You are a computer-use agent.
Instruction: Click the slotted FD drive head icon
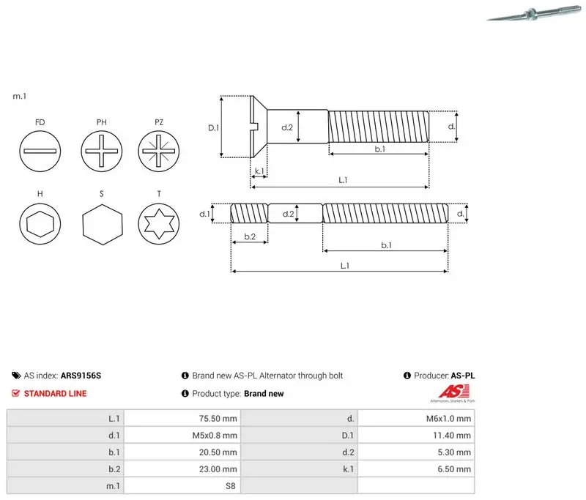[x=40, y=151]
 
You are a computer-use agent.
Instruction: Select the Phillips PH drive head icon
[x=101, y=151]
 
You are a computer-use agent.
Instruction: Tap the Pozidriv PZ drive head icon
[x=158, y=151]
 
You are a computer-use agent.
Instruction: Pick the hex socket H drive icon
[x=40, y=224]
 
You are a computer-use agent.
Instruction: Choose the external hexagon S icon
[x=102, y=225]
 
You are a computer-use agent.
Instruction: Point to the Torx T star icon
[x=158, y=224]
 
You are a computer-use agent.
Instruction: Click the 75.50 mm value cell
[x=182, y=418]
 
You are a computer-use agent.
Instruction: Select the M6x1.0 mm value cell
[x=416, y=418]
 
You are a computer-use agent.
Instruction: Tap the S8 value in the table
[x=231, y=486]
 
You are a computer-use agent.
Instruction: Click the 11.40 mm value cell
[x=416, y=435]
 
